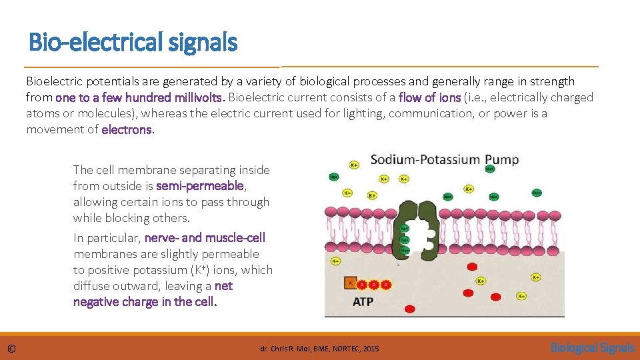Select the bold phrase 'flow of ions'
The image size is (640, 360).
tap(429, 97)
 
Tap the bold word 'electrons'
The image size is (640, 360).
tap(127, 129)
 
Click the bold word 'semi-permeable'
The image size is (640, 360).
tap(201, 186)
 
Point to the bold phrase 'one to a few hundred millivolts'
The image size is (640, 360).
tap(141, 97)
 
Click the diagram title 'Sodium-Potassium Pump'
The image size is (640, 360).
tap(444, 160)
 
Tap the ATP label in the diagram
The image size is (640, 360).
tap(363, 301)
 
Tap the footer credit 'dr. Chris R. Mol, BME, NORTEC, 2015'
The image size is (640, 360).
tap(319, 349)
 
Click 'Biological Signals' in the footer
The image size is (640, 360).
tap(592, 347)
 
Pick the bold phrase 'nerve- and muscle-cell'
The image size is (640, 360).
tap(205, 238)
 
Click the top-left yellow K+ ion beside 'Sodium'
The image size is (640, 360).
tap(355, 164)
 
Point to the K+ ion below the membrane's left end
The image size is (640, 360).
tap(336, 261)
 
